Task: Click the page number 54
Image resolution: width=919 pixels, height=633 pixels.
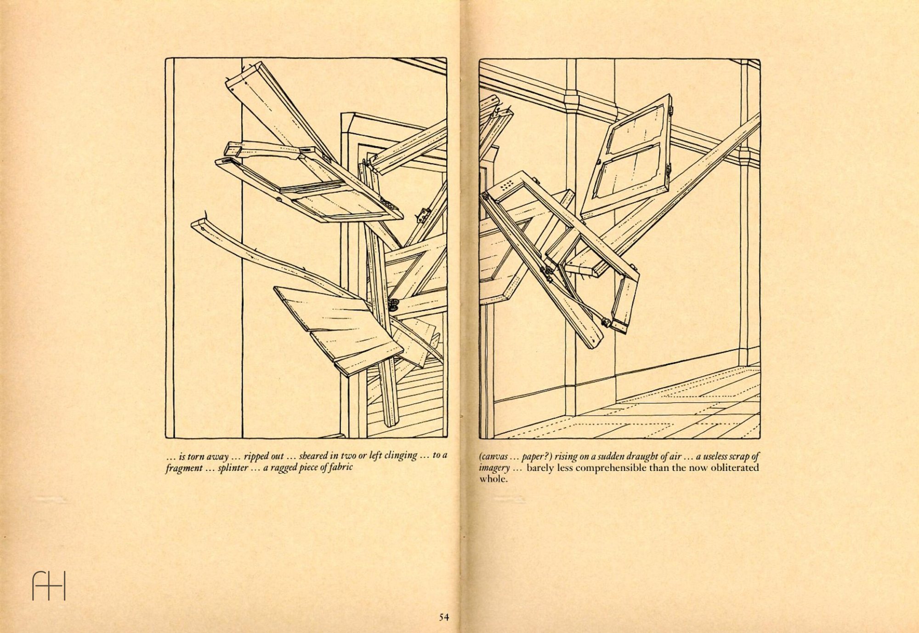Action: pyautogui.click(x=443, y=617)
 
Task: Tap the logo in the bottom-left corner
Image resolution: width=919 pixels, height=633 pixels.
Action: pyautogui.click(x=49, y=585)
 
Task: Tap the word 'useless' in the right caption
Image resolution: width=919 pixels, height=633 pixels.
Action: pyautogui.click(x=712, y=456)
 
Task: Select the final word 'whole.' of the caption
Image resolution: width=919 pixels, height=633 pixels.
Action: pyautogui.click(x=494, y=479)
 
